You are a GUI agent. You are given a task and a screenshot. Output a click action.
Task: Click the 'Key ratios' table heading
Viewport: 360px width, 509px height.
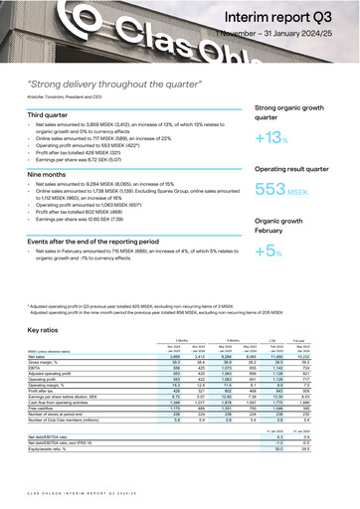pos(49,328)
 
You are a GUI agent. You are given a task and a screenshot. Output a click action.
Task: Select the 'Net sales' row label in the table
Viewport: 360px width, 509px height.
pos(39,356)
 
